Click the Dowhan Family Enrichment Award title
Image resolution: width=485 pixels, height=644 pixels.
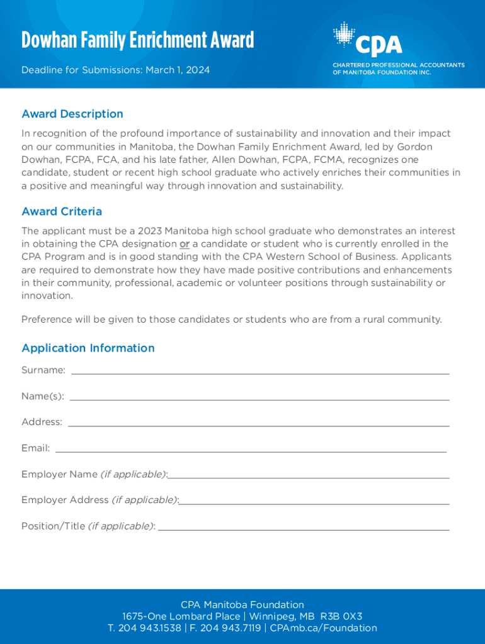137,41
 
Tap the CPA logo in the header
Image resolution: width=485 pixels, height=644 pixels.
368,40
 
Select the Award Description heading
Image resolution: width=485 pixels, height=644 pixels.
72,114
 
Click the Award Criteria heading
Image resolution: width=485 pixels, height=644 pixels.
62,211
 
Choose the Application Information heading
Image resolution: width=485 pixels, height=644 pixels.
88,348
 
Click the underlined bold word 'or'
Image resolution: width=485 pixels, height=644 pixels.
185,244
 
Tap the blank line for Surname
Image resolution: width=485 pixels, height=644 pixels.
260,372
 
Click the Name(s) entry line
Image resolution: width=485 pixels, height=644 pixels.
260,398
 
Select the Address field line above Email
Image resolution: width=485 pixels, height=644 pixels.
258,425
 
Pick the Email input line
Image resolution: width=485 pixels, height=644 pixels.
251,450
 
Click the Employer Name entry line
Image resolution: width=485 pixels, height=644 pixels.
309,477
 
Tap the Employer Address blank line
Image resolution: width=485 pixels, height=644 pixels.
314,502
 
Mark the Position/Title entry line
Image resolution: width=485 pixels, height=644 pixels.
304,529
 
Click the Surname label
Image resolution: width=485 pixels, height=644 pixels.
43,370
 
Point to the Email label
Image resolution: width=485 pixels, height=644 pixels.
35,448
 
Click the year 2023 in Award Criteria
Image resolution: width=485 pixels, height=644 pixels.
149,231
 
